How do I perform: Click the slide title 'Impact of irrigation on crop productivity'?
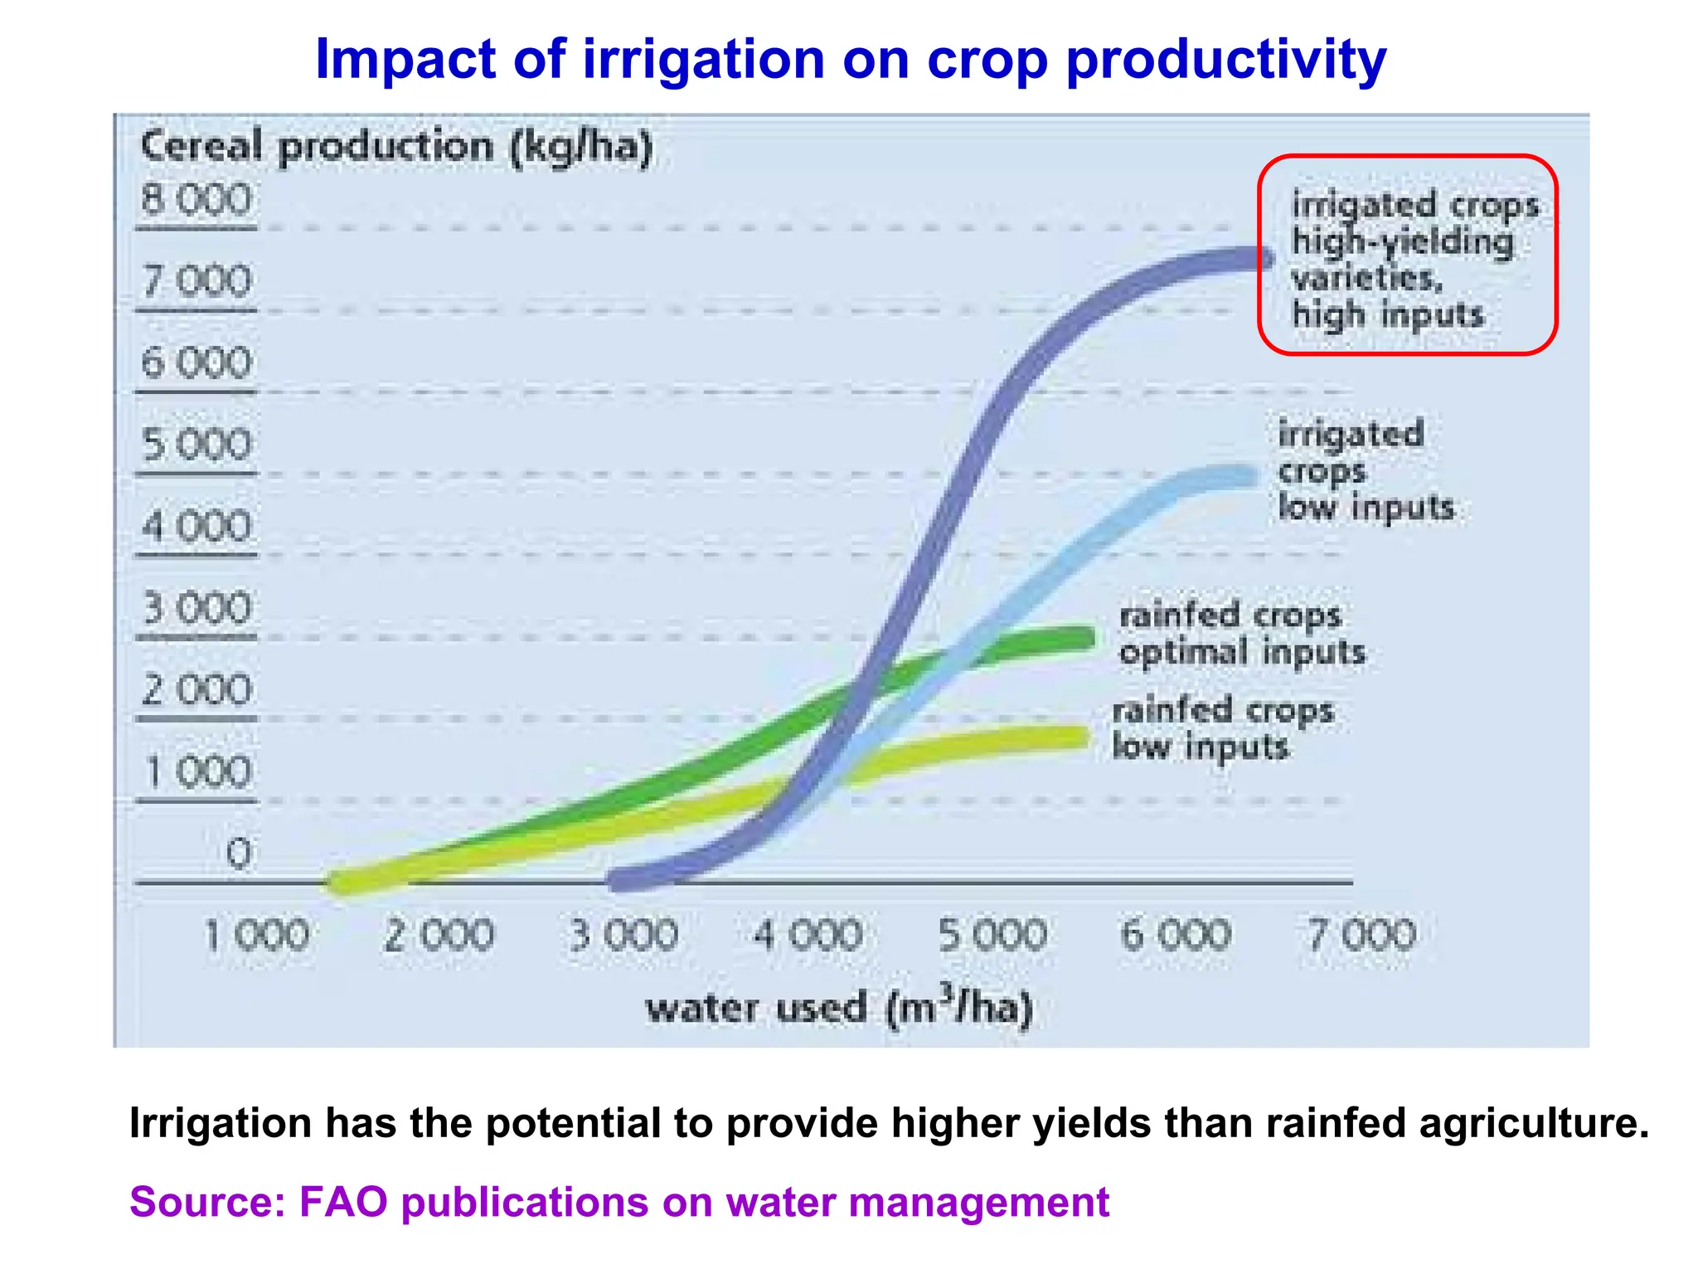click(850, 60)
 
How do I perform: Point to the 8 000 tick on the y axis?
click(196, 201)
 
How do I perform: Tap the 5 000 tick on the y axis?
click(196, 445)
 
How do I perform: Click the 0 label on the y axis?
click(238, 853)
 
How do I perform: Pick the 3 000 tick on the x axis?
click(623, 936)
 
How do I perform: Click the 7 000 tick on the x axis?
click(1361, 936)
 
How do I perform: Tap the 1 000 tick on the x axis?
click(255, 936)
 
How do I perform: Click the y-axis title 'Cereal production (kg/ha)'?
click(396, 148)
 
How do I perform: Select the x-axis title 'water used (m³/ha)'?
click(839, 1007)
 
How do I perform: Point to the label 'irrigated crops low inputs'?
click(1364, 470)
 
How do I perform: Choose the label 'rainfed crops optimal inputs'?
click(1241, 634)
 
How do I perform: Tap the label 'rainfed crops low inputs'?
click(1222, 728)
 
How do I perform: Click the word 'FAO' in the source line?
click(343, 1202)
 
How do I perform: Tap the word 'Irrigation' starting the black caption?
click(219, 1124)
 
